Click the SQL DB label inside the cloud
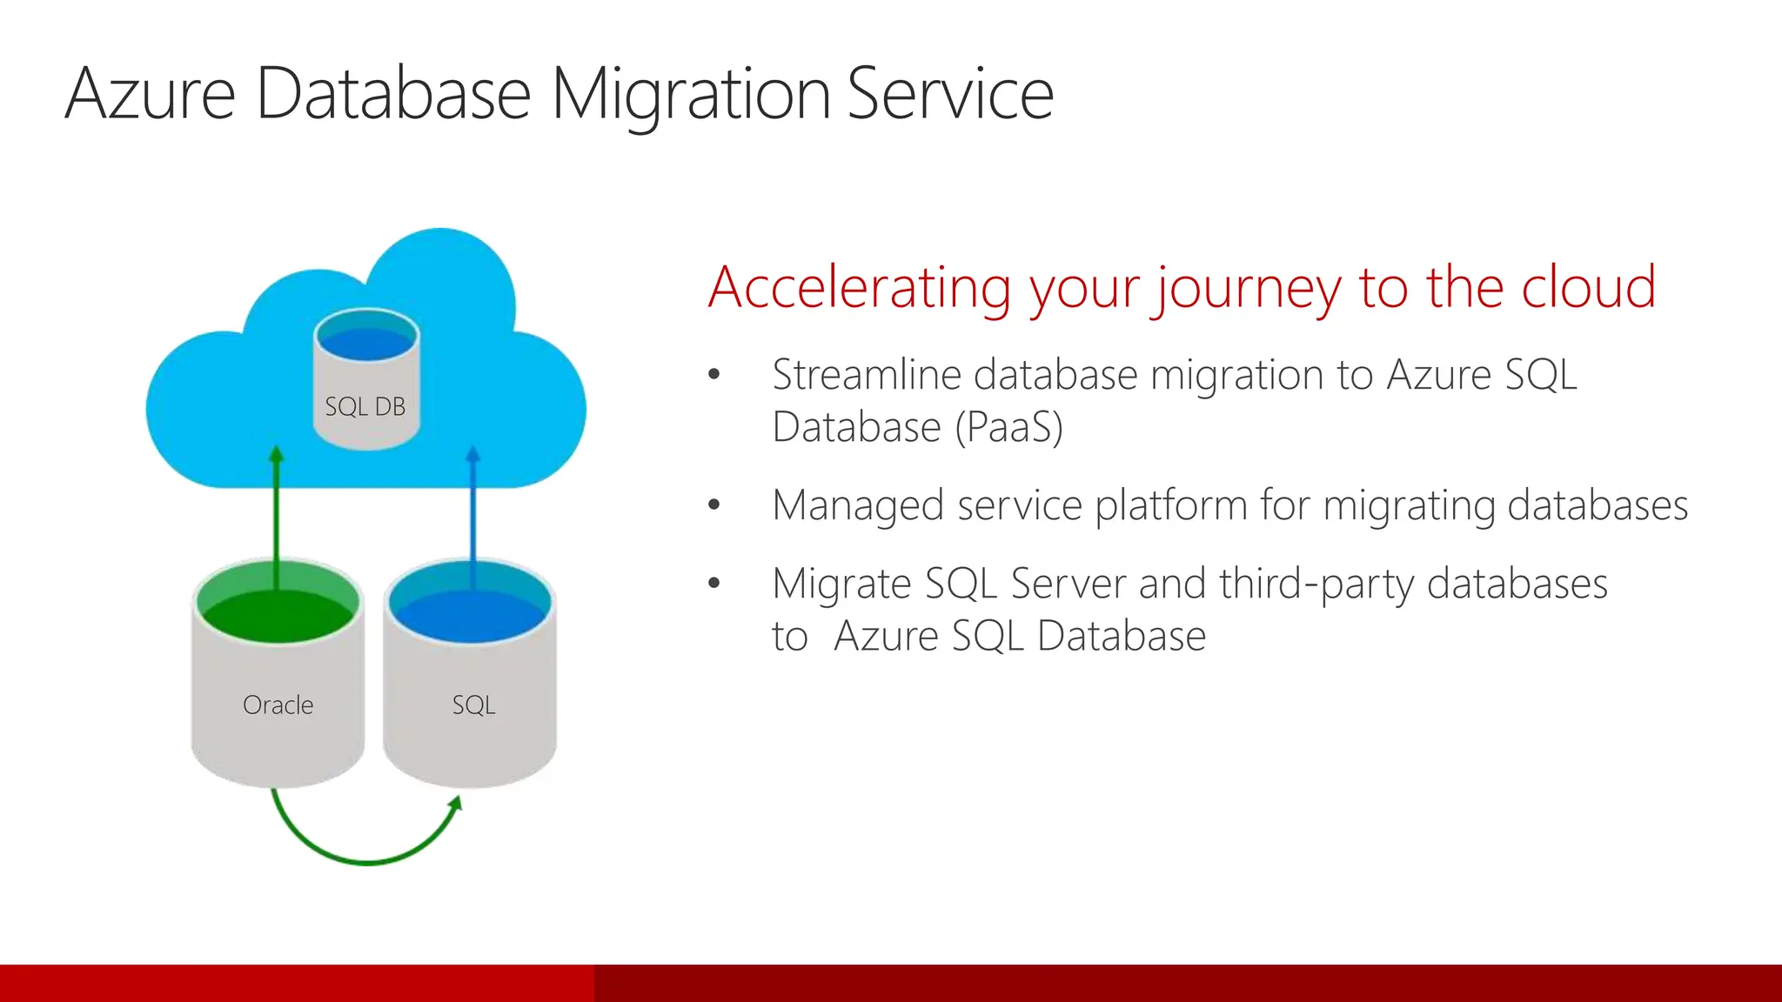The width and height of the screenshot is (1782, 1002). (x=365, y=406)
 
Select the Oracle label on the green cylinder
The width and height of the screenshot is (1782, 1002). (x=278, y=705)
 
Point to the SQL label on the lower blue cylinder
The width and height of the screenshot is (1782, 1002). (x=473, y=705)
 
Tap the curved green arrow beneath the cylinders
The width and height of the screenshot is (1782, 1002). (x=365, y=860)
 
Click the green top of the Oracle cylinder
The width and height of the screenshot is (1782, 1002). (x=278, y=609)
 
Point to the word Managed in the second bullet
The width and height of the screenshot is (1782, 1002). (x=857, y=505)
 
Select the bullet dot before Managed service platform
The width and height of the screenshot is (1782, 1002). (x=714, y=504)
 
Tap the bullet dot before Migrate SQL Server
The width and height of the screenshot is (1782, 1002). (x=714, y=583)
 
